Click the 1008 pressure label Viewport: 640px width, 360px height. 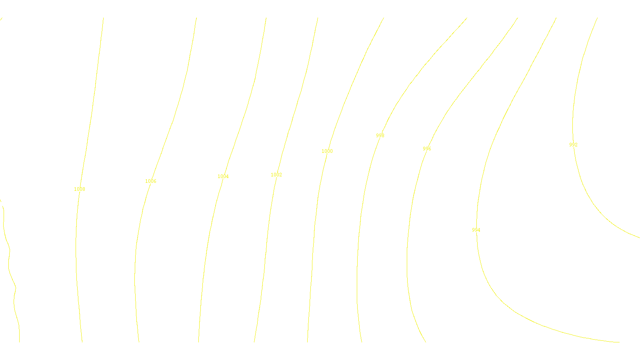(80, 189)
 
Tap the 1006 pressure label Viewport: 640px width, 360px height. (151, 181)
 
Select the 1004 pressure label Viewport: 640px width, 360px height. (223, 176)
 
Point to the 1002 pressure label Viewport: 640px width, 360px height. (276, 175)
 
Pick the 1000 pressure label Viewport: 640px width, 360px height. (327, 151)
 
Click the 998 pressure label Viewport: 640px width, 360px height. (380, 136)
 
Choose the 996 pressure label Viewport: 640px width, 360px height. (427, 149)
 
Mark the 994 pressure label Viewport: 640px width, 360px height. (476, 230)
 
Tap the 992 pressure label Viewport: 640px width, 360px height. (573, 145)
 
